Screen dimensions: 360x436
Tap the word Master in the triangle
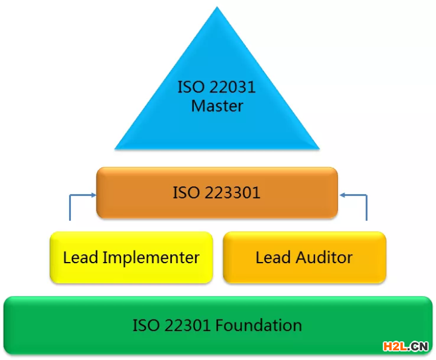click(x=217, y=106)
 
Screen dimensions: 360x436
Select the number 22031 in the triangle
click(x=231, y=87)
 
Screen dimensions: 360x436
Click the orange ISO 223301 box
click(x=217, y=192)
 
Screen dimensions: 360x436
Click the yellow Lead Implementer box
click(x=131, y=257)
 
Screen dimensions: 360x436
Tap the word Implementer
click(x=151, y=258)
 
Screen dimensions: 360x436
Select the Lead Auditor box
click(x=304, y=257)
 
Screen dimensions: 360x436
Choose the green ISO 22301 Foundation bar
click(x=217, y=325)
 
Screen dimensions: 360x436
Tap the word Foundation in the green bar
click(x=259, y=325)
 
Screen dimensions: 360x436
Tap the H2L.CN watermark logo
click(x=405, y=346)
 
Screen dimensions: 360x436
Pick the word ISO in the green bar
click(x=145, y=325)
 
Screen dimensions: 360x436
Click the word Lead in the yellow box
click(x=80, y=257)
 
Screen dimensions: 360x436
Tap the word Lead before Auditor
click(x=272, y=257)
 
